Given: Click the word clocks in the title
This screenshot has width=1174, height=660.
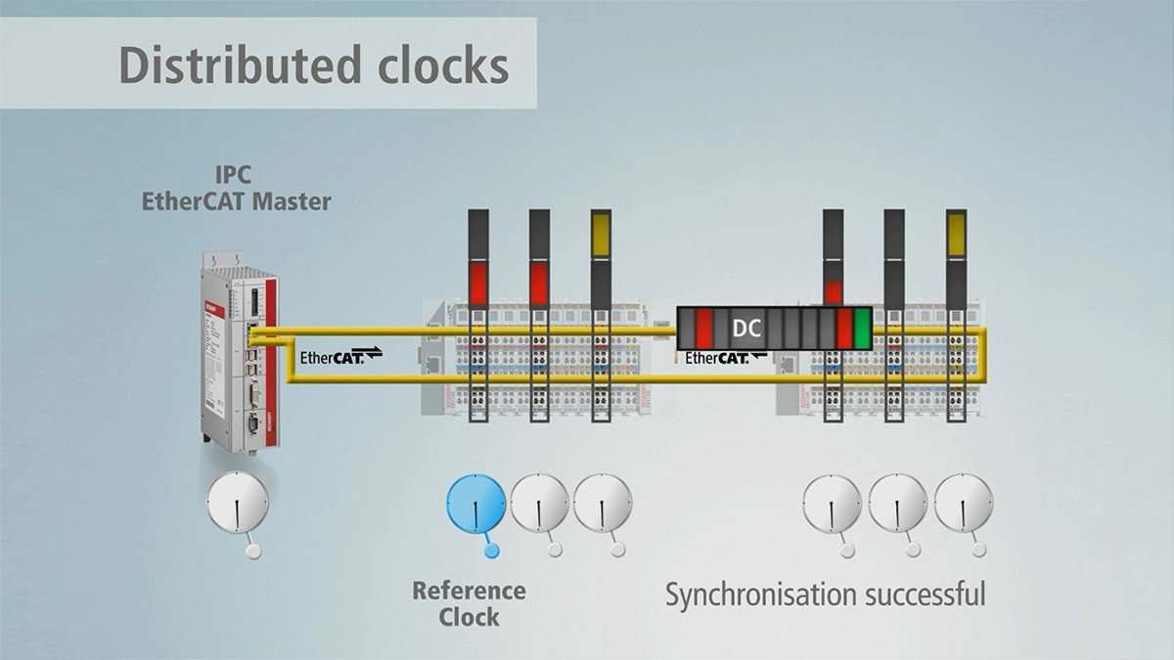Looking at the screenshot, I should pyautogui.click(x=441, y=66).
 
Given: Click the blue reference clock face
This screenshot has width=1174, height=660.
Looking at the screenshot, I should pyautogui.click(x=475, y=505).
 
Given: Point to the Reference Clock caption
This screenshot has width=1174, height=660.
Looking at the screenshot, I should pyautogui.click(x=469, y=603).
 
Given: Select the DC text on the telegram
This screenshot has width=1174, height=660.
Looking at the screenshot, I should pyautogui.click(x=747, y=328).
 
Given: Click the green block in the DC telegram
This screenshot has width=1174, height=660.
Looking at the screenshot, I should pyautogui.click(x=862, y=328).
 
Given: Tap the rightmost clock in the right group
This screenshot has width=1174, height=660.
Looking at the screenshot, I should pyautogui.click(x=963, y=503).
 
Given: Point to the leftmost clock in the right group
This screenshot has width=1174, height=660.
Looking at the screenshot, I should pyautogui.click(x=832, y=503).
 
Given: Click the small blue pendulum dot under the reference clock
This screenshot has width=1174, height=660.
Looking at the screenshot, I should pyautogui.click(x=491, y=550).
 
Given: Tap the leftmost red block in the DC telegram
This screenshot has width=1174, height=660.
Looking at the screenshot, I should pyautogui.click(x=704, y=328).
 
